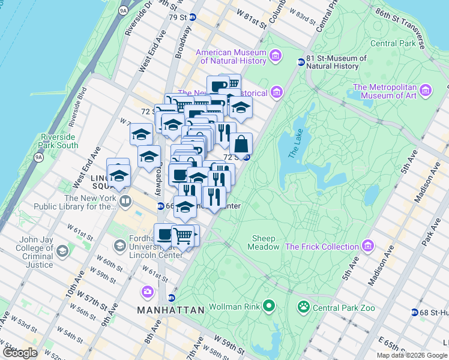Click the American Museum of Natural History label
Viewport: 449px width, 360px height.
coord(231,56)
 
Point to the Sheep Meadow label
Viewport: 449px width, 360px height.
coord(265,242)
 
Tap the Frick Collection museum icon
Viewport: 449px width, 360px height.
coord(367,247)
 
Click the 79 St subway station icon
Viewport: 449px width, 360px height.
coord(192,17)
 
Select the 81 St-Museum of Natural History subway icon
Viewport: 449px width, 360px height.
coord(301,62)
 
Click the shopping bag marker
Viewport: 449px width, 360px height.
coord(241,144)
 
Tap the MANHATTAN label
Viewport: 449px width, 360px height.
coord(170,310)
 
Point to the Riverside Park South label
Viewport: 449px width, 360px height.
coord(59,141)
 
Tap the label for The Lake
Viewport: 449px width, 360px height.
coord(296,144)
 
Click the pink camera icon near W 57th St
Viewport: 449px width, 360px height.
coord(147,292)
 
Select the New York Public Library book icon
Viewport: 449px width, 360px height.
coord(125,200)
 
